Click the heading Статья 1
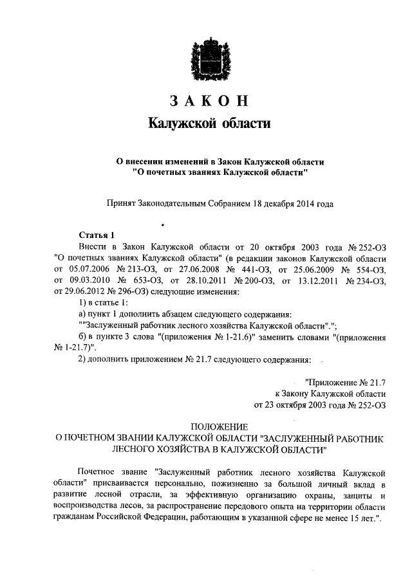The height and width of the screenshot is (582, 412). (97, 235)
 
